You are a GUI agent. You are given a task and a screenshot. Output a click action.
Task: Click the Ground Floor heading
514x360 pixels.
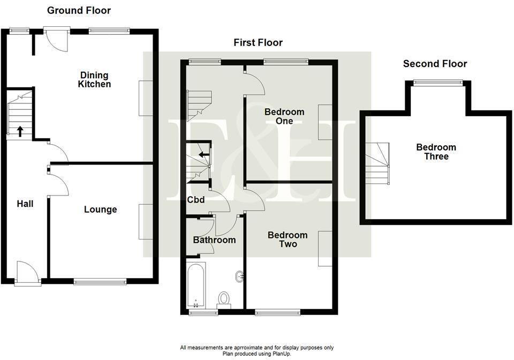(x=79, y=10)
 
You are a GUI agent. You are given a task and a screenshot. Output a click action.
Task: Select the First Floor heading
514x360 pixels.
(x=258, y=42)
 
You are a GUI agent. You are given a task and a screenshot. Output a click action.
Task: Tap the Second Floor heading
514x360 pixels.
(x=435, y=64)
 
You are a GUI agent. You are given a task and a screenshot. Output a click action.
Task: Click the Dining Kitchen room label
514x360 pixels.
(x=94, y=80)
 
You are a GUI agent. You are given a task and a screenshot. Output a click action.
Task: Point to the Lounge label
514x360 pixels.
(x=100, y=209)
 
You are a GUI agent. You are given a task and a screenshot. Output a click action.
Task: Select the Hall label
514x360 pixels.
(x=25, y=204)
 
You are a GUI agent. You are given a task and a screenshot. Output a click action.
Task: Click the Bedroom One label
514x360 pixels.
(x=284, y=116)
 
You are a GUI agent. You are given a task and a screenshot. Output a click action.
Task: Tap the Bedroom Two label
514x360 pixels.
(x=288, y=239)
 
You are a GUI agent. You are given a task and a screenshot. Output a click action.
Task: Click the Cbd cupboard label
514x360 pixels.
(x=196, y=201)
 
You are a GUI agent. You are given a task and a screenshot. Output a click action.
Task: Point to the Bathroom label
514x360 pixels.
(x=214, y=240)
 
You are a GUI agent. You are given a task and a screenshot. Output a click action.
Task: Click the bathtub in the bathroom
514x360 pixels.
(x=195, y=285)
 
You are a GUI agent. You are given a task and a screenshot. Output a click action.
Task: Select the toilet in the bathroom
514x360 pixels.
(x=224, y=299)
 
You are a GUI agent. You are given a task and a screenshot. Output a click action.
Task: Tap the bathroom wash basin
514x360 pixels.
(x=239, y=276)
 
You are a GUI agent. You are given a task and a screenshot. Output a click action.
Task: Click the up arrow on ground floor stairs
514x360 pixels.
(x=20, y=131)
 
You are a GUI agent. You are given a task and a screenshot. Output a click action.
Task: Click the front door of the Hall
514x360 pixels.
(x=28, y=273)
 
